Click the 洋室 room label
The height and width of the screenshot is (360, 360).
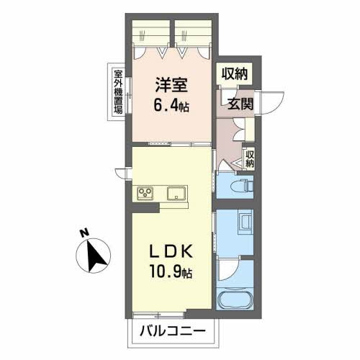tap(171, 85)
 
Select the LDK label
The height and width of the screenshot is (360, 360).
tap(171, 251)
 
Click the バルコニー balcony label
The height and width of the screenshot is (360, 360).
tap(173, 331)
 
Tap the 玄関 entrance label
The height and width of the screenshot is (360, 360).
tap(240, 104)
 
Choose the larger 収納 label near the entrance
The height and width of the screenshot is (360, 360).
tap(234, 73)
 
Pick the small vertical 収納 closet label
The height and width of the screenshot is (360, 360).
tap(250, 159)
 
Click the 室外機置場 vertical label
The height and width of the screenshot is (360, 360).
tap(118, 92)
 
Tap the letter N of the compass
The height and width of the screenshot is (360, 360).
tap(84, 233)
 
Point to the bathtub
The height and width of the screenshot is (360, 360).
tap(235, 298)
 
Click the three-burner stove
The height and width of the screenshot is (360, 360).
tap(145, 194)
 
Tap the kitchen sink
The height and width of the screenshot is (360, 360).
tap(177, 194)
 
